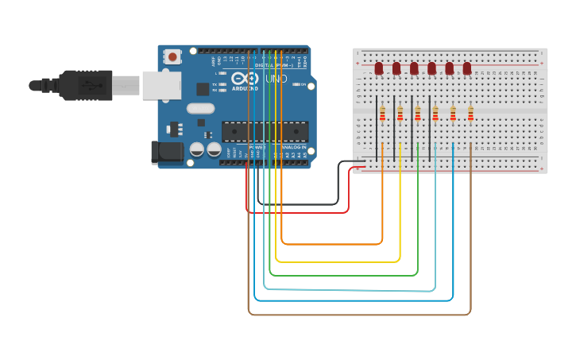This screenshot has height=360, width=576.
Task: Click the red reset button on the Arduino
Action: click(172, 56)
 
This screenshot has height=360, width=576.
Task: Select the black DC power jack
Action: click(162, 153)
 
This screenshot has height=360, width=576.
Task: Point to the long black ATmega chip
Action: click(265, 132)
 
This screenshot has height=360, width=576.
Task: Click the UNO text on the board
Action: click(276, 79)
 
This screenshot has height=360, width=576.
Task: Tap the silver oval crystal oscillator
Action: click(200, 109)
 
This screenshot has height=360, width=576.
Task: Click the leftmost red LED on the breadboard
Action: click(379, 68)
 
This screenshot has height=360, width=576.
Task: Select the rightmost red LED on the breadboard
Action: click(467, 68)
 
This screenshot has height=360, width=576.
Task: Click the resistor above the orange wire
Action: click(382, 114)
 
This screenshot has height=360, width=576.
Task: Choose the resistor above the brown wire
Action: click(470, 114)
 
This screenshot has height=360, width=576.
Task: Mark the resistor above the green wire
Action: click(418, 114)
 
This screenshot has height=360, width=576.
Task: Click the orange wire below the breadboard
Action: click(334, 244)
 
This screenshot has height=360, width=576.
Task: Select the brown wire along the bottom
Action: click(358, 315)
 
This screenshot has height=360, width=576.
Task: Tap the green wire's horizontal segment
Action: click(342, 276)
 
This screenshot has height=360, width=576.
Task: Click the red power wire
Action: click(298, 213)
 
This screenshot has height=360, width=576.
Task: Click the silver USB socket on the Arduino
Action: click(161, 85)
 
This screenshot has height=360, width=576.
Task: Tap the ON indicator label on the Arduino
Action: click(303, 84)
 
